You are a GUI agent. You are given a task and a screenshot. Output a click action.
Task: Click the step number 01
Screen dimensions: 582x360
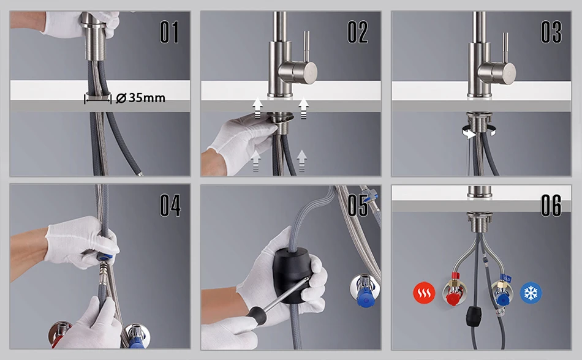[x=170, y=32]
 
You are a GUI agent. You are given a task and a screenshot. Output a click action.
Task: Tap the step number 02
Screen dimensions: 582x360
[x=358, y=32]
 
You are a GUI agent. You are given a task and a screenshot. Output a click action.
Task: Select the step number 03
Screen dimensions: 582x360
[x=551, y=32]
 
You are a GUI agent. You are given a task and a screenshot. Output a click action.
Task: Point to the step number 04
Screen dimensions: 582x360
[x=170, y=205]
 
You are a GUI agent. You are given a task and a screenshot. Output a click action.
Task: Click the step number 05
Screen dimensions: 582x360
[x=358, y=205]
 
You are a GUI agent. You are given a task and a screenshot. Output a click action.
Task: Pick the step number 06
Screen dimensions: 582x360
[x=551, y=205]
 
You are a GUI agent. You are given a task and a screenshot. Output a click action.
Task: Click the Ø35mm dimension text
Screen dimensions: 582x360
[x=141, y=98]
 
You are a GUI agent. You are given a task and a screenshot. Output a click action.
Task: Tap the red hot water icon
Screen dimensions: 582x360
[x=424, y=293]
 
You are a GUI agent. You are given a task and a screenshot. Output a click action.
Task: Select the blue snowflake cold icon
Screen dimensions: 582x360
[x=531, y=293]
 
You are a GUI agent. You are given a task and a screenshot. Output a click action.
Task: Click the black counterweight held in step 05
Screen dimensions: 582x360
[x=292, y=275]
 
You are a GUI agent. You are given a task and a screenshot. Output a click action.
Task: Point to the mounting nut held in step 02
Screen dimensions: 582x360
[x=282, y=118]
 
